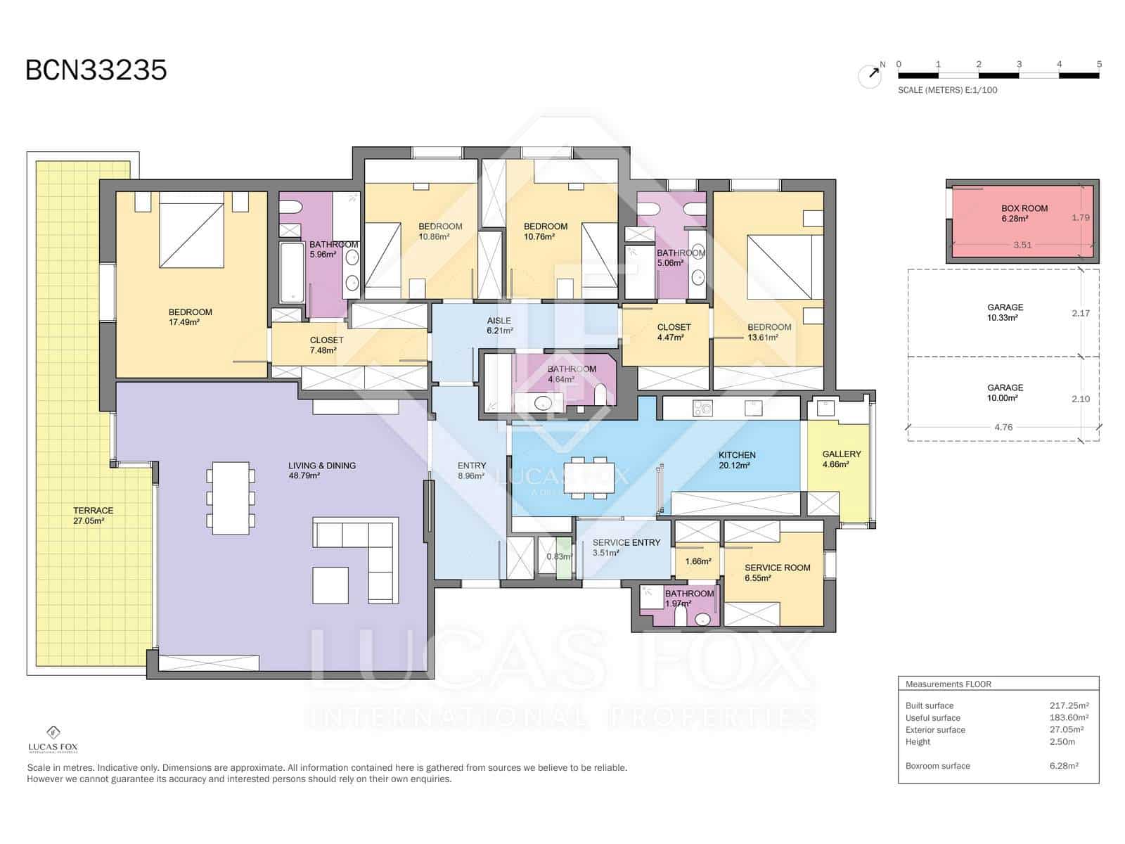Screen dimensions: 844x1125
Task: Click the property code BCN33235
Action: [96, 70]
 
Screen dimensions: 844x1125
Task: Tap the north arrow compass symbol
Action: [870, 75]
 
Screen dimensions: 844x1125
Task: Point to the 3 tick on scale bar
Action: [1019, 65]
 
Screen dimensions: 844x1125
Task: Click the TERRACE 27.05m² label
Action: [93, 516]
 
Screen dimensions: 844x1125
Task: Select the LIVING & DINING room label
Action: [321, 471]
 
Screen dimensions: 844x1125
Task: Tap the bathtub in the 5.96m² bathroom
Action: [292, 272]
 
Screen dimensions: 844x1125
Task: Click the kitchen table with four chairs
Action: [589, 478]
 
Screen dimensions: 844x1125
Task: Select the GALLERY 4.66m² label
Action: [841, 459]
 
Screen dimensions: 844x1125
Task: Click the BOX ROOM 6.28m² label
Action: [1024, 213]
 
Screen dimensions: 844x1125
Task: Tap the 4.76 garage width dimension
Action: [1003, 427]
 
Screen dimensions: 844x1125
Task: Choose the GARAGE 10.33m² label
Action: [1005, 312]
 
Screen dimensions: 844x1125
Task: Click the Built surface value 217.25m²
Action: [1069, 705]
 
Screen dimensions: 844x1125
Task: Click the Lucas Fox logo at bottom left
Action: [53, 739]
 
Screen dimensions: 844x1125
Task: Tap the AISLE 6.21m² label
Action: [499, 325]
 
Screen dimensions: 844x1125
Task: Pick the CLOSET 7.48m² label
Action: [326, 345]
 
